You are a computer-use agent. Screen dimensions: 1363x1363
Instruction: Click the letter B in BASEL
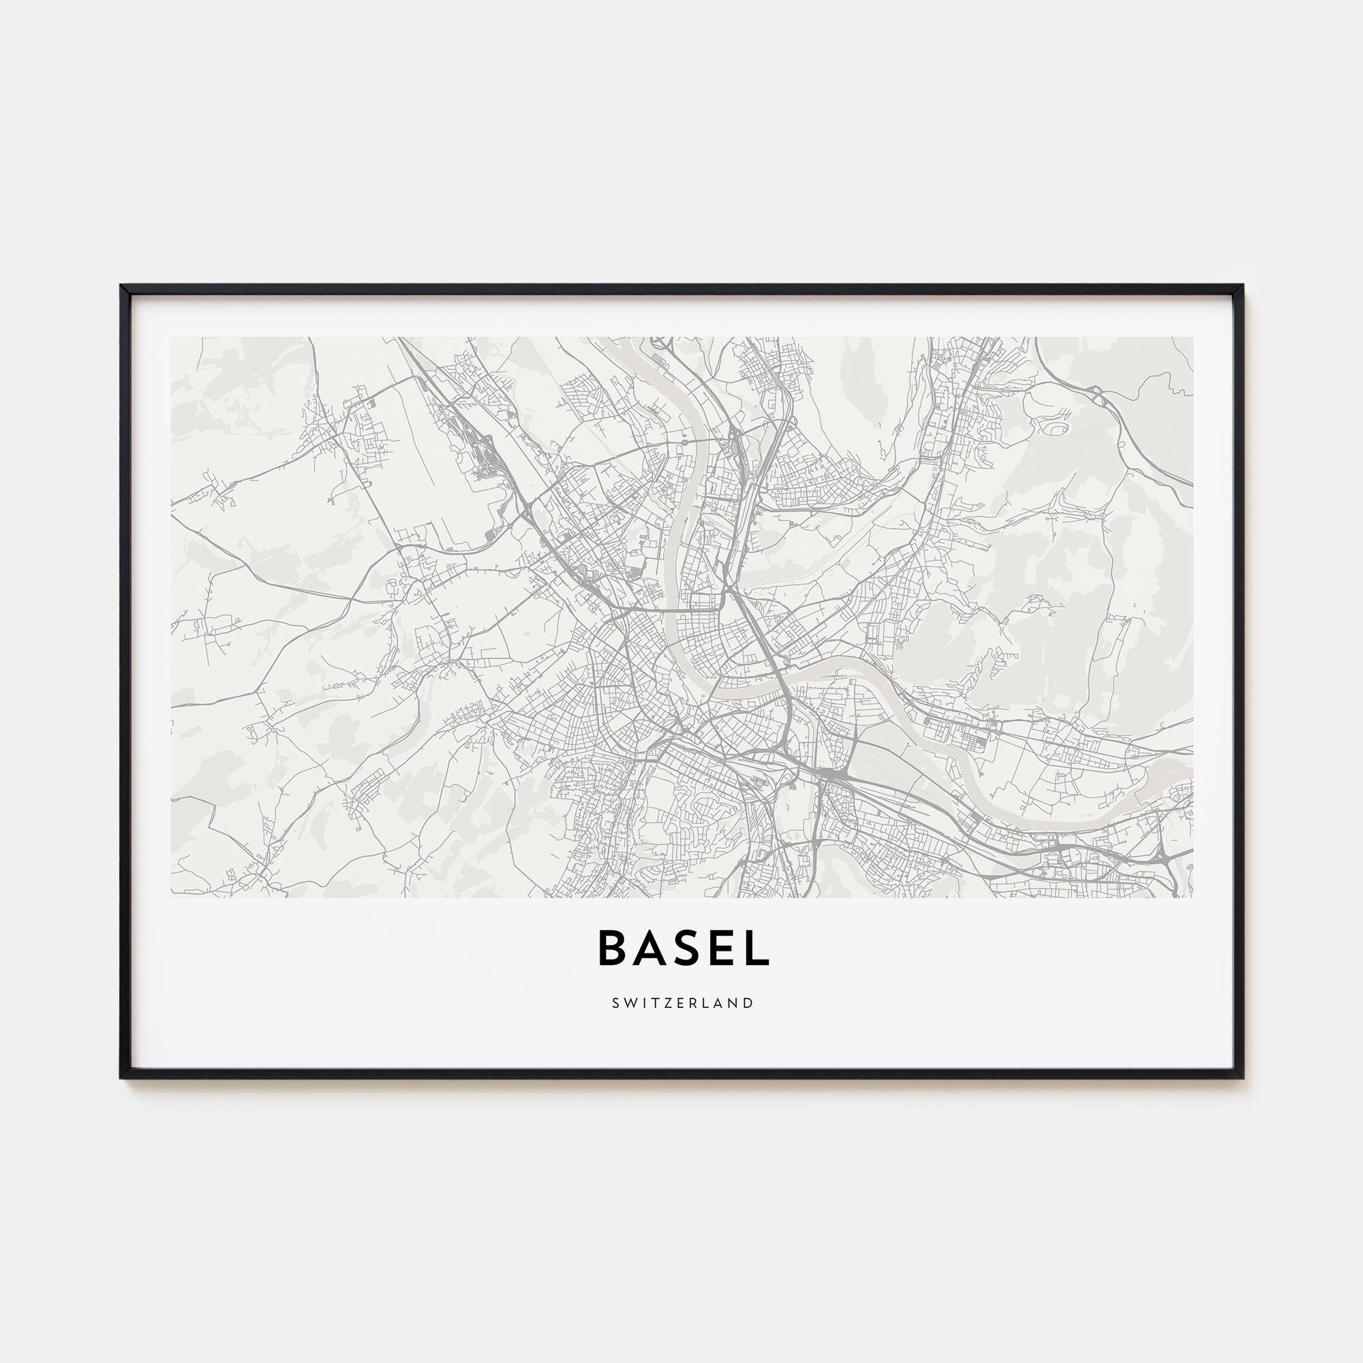pos(613,948)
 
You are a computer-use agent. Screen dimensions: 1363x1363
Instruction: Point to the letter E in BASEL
pos(720,948)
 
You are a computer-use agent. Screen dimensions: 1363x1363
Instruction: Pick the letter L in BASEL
pos(756,948)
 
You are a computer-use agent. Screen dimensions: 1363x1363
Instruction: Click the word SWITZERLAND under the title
pos(683,1002)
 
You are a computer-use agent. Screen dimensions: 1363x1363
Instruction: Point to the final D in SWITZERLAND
pos(749,1002)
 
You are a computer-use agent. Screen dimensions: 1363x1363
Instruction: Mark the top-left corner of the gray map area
pos(172,337)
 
